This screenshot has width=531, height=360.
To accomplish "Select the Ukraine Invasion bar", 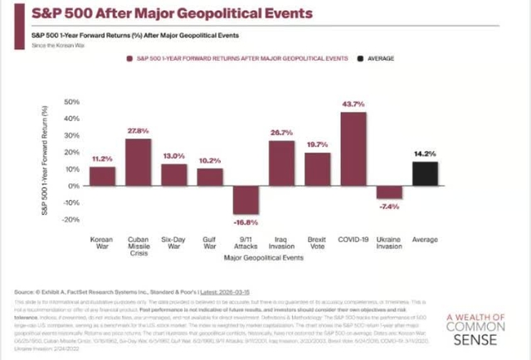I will [389, 192].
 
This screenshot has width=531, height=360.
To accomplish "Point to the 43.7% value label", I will [353, 104].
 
